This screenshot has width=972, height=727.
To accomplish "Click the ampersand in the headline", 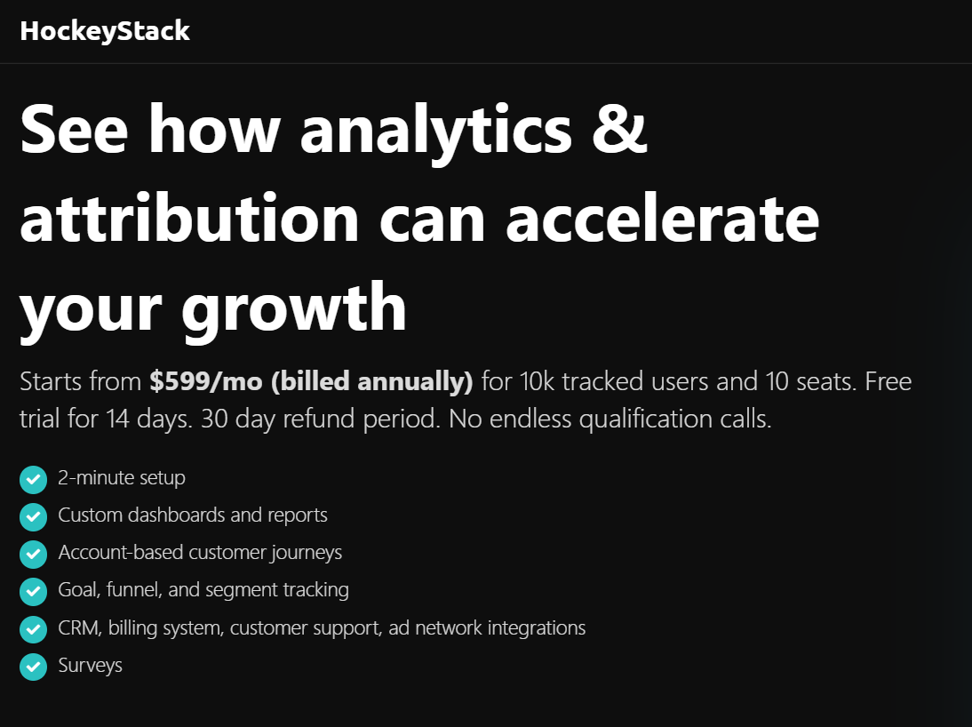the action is pyautogui.click(x=619, y=128).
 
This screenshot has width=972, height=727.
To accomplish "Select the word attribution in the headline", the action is pyautogui.click(x=189, y=217).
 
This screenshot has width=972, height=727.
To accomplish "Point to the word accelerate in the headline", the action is pyautogui.click(x=663, y=217).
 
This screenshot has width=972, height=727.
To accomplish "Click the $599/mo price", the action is pyautogui.click(x=206, y=381).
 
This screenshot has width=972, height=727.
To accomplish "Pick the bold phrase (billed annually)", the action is pyautogui.click(x=372, y=382).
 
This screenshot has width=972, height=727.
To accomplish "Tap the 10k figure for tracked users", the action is pyautogui.click(x=537, y=381).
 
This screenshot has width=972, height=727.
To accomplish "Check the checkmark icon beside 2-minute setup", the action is pyautogui.click(x=34, y=480).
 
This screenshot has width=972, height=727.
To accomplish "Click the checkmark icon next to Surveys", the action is pyautogui.click(x=34, y=667).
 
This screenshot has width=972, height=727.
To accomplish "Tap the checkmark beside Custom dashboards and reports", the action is pyautogui.click(x=34, y=516).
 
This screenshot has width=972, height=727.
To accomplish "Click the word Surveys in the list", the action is pyautogui.click(x=90, y=666).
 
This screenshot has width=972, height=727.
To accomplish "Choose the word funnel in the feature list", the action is pyautogui.click(x=134, y=590).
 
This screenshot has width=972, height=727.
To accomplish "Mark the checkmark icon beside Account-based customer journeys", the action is pyautogui.click(x=34, y=555).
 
